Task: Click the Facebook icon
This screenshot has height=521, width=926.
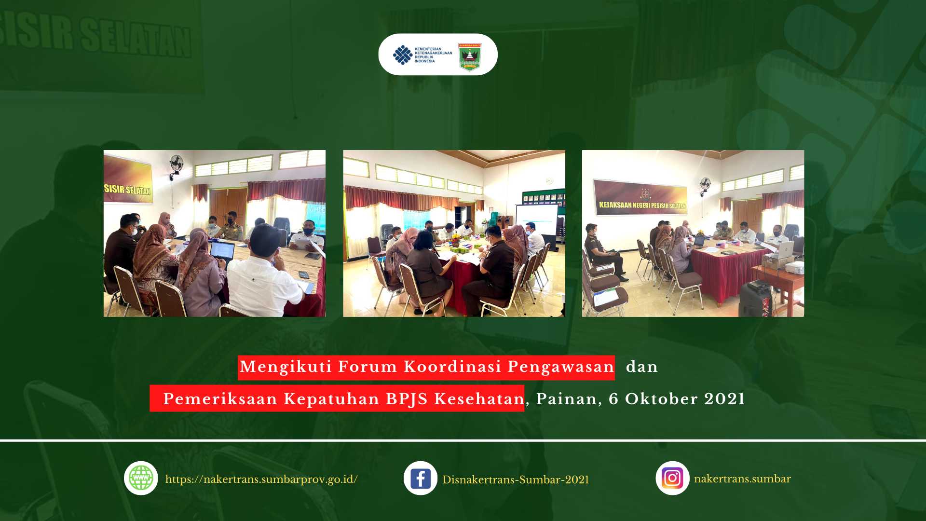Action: [x=421, y=479]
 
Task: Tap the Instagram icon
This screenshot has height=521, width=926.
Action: [x=672, y=478]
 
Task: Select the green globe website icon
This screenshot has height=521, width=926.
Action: [x=141, y=478]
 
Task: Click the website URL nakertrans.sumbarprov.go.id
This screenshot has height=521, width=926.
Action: [x=261, y=480]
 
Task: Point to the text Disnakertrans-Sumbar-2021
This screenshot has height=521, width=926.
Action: [x=516, y=480]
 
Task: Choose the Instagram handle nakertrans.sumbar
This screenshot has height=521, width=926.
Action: [x=742, y=479]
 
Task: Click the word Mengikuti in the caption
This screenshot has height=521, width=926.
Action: [x=286, y=367]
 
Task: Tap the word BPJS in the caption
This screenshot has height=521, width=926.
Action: [x=407, y=399]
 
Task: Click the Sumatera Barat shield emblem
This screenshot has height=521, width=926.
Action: [x=470, y=57]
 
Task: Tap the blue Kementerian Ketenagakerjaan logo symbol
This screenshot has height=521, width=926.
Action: [x=403, y=55]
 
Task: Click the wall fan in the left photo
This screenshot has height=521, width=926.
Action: [x=176, y=165]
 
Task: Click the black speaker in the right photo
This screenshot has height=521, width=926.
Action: [x=756, y=299]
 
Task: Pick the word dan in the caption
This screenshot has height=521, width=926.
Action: [x=642, y=367]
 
